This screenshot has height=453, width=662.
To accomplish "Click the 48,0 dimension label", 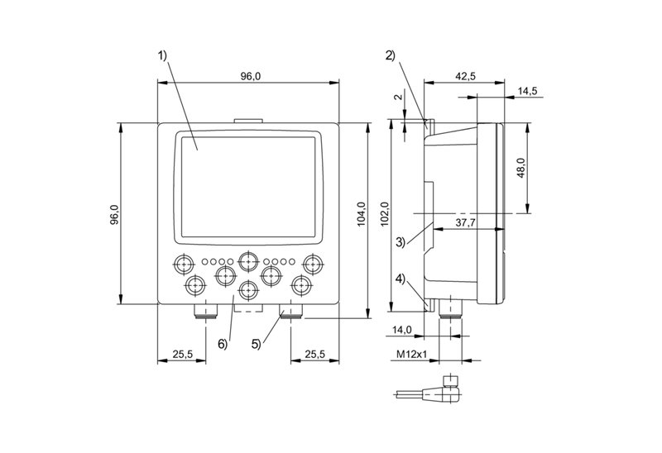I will click(x=520, y=169).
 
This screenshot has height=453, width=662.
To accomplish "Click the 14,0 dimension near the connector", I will click(x=403, y=330).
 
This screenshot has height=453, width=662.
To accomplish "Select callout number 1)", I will click(x=162, y=56).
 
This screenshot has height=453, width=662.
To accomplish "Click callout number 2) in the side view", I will click(x=390, y=56).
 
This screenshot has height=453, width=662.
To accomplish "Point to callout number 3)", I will click(x=400, y=242).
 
